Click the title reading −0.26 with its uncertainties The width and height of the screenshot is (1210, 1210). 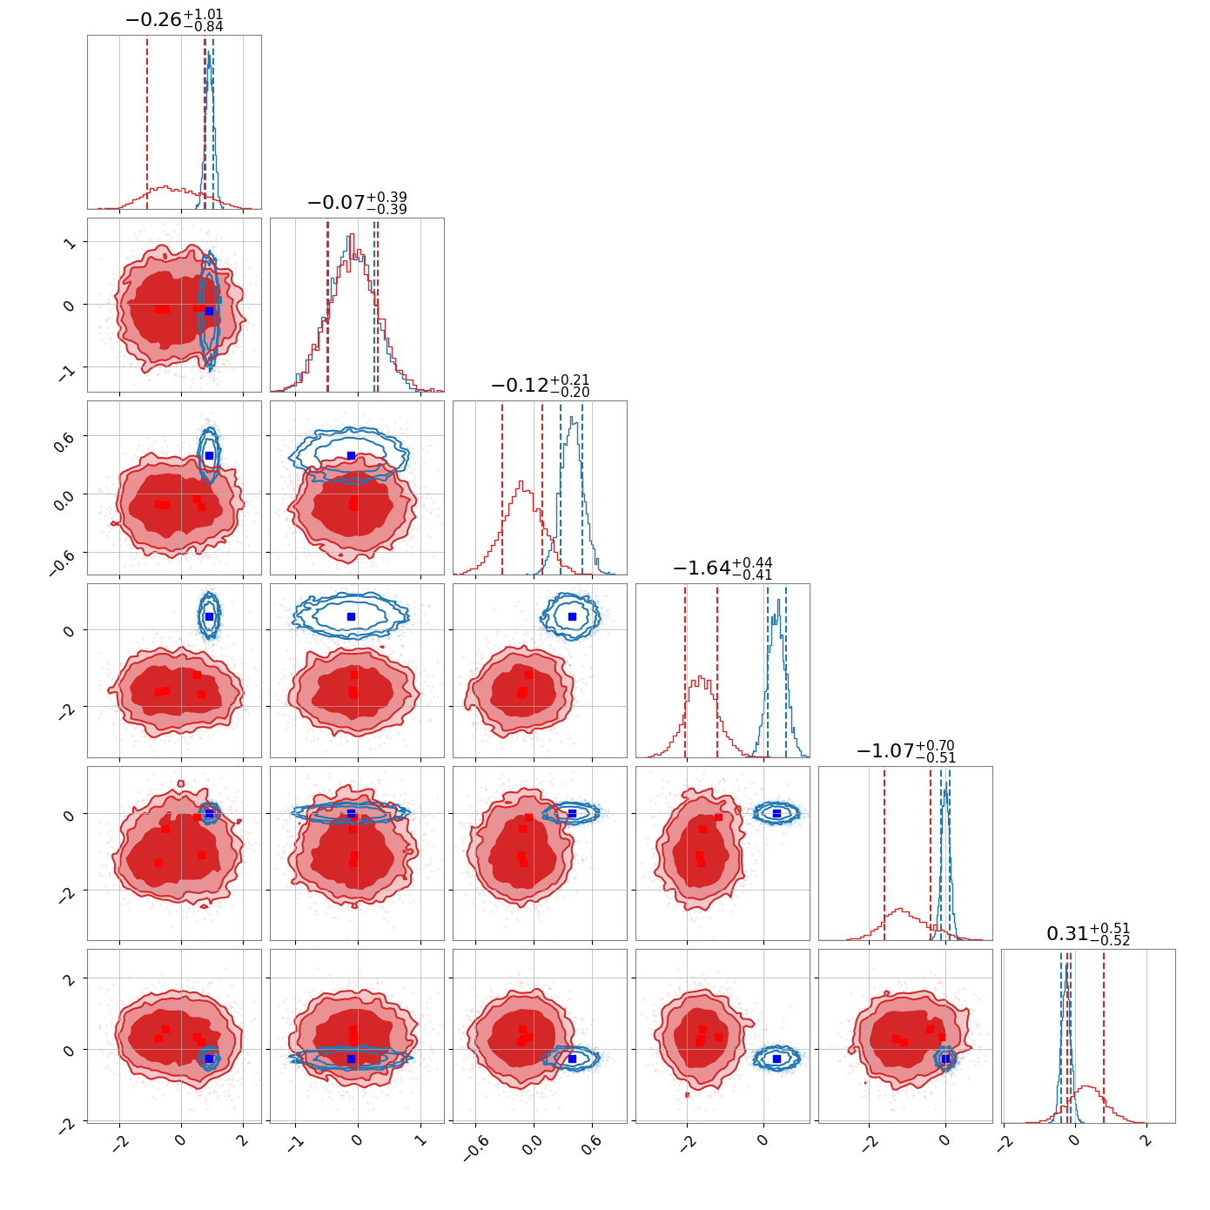coord(174,19)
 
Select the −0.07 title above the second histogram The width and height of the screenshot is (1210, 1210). coord(357,203)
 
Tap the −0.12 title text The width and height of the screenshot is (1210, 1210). coord(540,386)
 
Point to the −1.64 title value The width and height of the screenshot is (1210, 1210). coord(723,568)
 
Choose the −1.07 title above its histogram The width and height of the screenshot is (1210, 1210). coord(904,751)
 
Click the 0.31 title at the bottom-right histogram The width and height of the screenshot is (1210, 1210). coord(1087,934)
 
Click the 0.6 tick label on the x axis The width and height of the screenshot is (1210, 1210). coord(590,1148)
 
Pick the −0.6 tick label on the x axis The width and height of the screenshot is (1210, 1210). coord(476,1150)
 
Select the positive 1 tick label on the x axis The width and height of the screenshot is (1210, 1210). coord(420,1144)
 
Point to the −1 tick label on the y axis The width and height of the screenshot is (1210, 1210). coord(67,371)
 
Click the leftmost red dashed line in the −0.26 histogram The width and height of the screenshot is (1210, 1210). coord(147,122)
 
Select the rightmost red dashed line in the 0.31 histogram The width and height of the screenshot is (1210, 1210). coord(1103,1036)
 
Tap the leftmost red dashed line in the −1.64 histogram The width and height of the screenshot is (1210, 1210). coord(685,670)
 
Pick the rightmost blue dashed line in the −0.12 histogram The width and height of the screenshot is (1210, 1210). coord(582,487)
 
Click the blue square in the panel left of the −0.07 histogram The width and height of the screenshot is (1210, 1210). coord(209,311)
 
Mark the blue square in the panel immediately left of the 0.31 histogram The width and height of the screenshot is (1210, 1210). coord(946,1059)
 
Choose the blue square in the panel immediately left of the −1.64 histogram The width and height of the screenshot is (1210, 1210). coord(572,616)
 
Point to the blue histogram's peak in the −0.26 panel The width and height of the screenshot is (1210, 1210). coord(208,54)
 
